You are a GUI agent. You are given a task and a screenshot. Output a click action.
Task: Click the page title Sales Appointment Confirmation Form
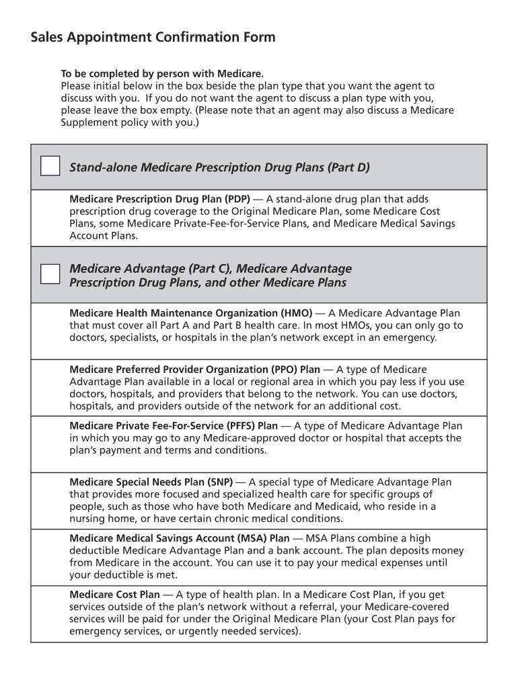[x=153, y=38]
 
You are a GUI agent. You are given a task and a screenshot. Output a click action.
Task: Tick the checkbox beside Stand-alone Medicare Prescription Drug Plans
[x=50, y=166]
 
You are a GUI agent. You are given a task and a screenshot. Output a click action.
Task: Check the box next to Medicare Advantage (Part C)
[x=50, y=274]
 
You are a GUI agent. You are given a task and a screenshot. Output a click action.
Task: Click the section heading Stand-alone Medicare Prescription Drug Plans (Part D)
[x=219, y=167]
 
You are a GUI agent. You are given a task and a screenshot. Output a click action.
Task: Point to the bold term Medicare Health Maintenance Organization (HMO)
[x=190, y=313]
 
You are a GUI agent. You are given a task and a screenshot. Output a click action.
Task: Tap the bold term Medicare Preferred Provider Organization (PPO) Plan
[x=195, y=370]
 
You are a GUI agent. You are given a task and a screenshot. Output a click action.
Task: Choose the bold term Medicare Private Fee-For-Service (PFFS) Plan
[x=174, y=426]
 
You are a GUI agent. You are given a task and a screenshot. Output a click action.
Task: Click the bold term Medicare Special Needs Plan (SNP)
[x=151, y=482]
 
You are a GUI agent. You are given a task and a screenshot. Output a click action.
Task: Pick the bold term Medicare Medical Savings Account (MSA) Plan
[x=180, y=539]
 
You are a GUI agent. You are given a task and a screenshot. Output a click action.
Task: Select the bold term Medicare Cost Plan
[x=114, y=595]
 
